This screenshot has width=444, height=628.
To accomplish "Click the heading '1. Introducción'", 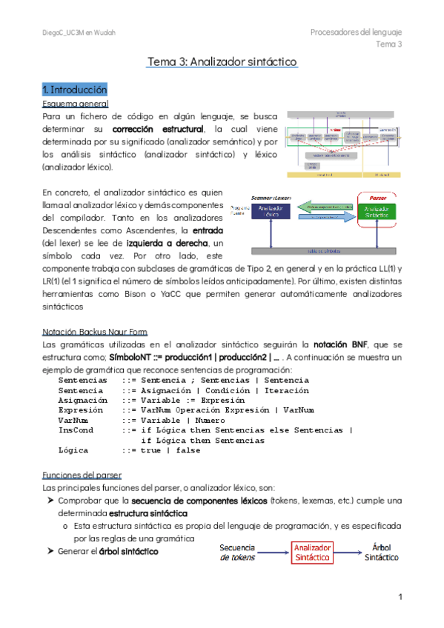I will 75,89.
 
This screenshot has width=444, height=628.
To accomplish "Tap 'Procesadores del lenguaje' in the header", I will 356,33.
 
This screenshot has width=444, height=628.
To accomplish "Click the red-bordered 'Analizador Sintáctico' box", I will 311,552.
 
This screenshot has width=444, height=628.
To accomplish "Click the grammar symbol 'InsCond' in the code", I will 76,430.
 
